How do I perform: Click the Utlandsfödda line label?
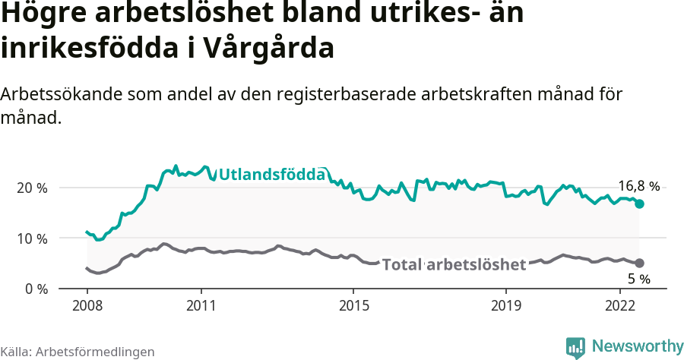[x=272, y=175]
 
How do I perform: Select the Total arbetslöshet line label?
[x=454, y=264]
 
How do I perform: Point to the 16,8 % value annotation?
[x=638, y=186]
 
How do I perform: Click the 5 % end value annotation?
[x=638, y=279]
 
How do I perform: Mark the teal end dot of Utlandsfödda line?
[x=640, y=204]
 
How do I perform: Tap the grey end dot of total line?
[x=640, y=263]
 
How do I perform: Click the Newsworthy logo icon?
[x=575, y=347]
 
